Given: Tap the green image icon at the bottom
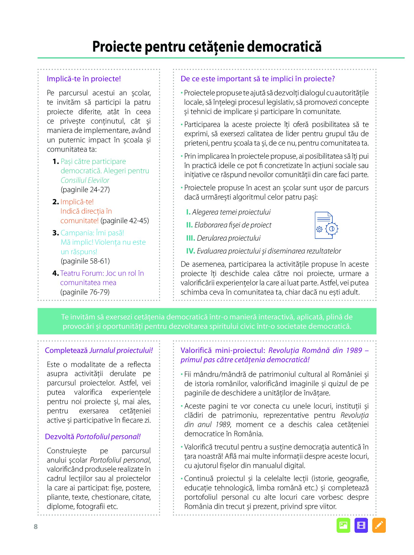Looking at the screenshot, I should coord(343,525).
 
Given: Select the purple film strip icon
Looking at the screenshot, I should coord(361,525).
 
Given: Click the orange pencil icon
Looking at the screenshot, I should coord(379,525).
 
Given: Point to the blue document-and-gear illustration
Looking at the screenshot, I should coord(326,225).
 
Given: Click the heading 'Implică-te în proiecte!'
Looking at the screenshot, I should coord(84,79).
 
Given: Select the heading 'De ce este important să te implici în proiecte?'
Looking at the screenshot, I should coord(258,79).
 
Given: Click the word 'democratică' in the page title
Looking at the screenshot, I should coord(284,47).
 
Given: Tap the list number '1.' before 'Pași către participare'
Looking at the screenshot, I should coord(56,162).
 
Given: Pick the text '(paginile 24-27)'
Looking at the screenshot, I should coord(85,190).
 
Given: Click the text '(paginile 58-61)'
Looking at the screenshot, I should coord(85,261).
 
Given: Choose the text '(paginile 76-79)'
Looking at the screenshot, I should coord(85,292).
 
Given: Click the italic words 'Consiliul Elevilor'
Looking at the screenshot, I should coord(85,180).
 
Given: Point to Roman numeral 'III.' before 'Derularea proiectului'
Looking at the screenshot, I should coord(191,238).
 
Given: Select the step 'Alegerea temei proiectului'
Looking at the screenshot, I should coord(231,212).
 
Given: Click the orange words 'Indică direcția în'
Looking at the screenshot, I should coord(86,211).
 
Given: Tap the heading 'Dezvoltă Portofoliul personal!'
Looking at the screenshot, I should coord(93,436).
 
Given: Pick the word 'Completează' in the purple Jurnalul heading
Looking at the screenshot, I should coord(66,350).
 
